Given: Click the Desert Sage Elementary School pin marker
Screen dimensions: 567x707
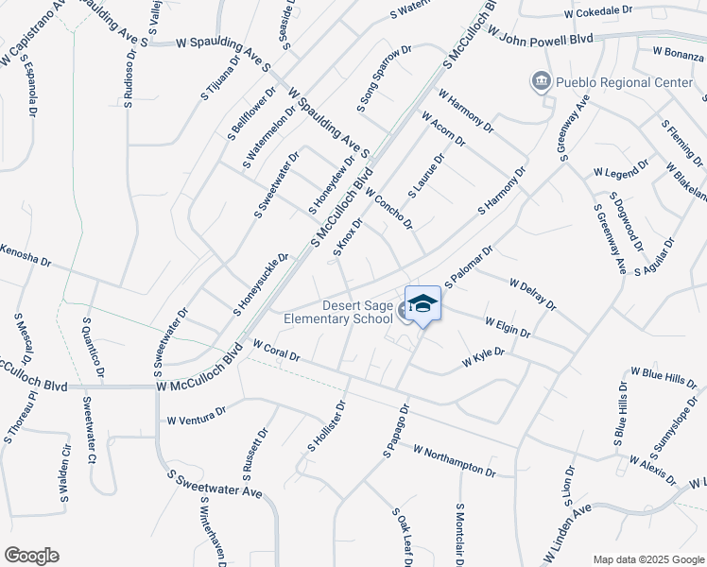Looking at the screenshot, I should pos(423,304).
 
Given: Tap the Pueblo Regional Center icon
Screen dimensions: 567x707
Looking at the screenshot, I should pos(541,82).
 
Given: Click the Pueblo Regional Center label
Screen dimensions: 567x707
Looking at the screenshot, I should pos(624,82).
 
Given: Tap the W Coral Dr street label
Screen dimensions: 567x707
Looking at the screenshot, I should pos(275,352).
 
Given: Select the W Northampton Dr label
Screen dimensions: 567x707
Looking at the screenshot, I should pos(455,462).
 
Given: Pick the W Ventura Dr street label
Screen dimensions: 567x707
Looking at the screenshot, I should pos(197,415).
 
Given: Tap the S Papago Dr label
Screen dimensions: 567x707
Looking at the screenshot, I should pos(396,432).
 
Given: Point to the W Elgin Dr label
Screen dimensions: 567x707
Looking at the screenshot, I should pos(508,327).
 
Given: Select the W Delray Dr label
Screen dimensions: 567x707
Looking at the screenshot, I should pos(532,293).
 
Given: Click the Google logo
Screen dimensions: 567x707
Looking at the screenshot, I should pos(31,556).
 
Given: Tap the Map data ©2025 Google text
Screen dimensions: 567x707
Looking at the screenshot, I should pos(647,559).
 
